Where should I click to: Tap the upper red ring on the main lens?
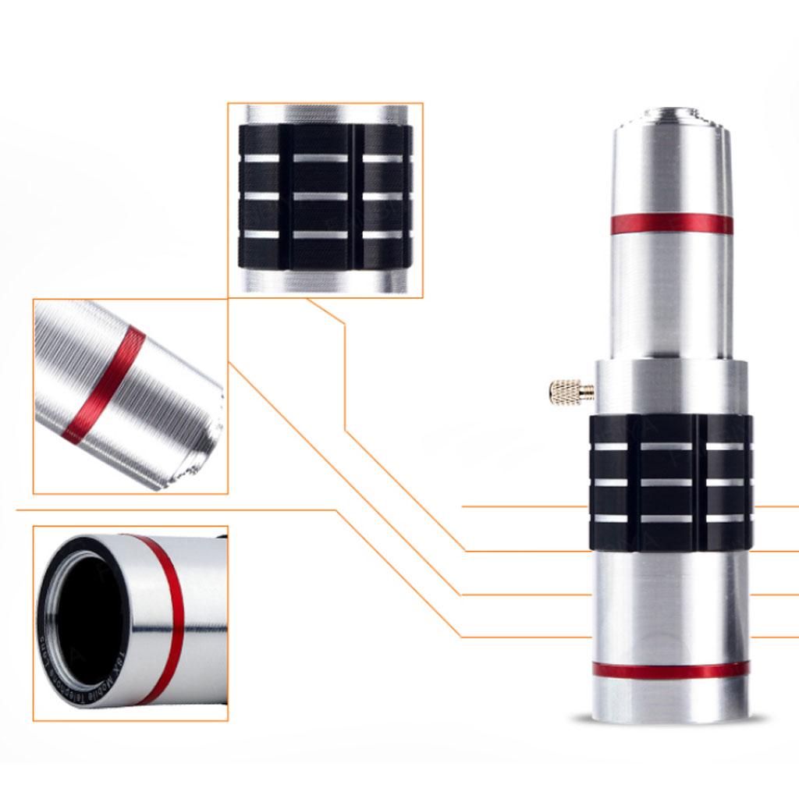[x=671, y=224]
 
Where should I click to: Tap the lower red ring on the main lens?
[x=671, y=669]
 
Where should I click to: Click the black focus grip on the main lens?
[x=671, y=482]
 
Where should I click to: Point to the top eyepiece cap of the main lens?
[x=671, y=117]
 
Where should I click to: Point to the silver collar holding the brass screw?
[x=671, y=387]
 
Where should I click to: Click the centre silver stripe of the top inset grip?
[x=321, y=196]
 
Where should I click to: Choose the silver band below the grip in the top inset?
[x=325, y=281]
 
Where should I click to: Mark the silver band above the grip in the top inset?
[x=325, y=114]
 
